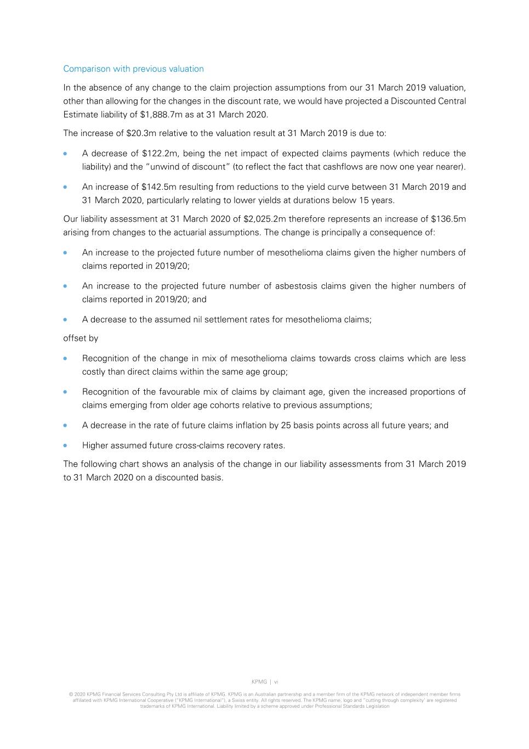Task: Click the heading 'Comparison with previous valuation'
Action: [x=133, y=69]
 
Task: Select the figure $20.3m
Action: [x=141, y=133]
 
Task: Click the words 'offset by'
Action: [x=81, y=339]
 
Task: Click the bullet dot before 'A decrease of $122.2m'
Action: [x=66, y=154]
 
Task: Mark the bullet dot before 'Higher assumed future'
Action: [x=66, y=446]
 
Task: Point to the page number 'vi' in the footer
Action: [x=276, y=682]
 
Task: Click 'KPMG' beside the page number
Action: [x=259, y=682]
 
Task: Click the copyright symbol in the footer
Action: [x=71, y=695]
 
